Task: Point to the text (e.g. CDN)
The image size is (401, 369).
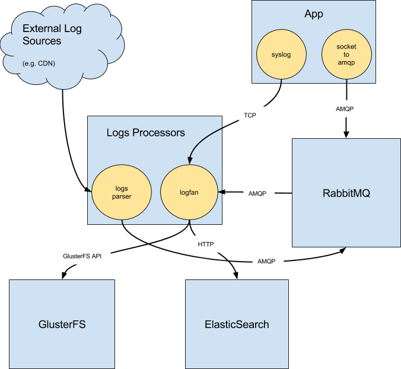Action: click(39, 63)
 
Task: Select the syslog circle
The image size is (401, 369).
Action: click(281, 55)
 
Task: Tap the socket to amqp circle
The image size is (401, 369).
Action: click(346, 55)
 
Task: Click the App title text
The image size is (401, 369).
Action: click(313, 14)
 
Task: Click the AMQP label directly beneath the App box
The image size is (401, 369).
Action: click(345, 109)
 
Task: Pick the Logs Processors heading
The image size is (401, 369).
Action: click(145, 132)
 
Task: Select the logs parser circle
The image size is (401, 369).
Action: click(121, 193)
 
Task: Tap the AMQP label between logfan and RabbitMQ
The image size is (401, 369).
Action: click(258, 193)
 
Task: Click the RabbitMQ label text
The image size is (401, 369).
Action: click(346, 193)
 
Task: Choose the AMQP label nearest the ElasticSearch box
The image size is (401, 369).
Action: click(266, 261)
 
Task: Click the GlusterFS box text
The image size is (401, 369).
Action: click(62, 325)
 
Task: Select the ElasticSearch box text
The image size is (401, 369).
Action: click(237, 325)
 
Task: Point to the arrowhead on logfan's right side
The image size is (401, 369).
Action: click(219, 193)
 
